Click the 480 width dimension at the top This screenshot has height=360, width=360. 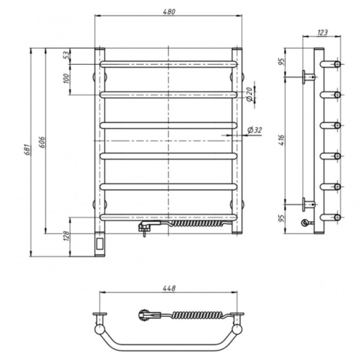click(x=169, y=12)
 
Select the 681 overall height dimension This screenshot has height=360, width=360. click(x=27, y=150)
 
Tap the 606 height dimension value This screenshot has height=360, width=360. click(x=42, y=142)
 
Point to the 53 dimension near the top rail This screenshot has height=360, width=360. click(x=66, y=56)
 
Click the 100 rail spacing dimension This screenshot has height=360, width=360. click(x=66, y=79)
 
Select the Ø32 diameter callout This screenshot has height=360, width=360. click(x=255, y=130)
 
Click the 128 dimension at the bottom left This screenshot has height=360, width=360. click(x=66, y=236)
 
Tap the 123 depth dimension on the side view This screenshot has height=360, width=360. click(x=322, y=32)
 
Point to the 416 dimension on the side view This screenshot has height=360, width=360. click(x=281, y=140)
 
